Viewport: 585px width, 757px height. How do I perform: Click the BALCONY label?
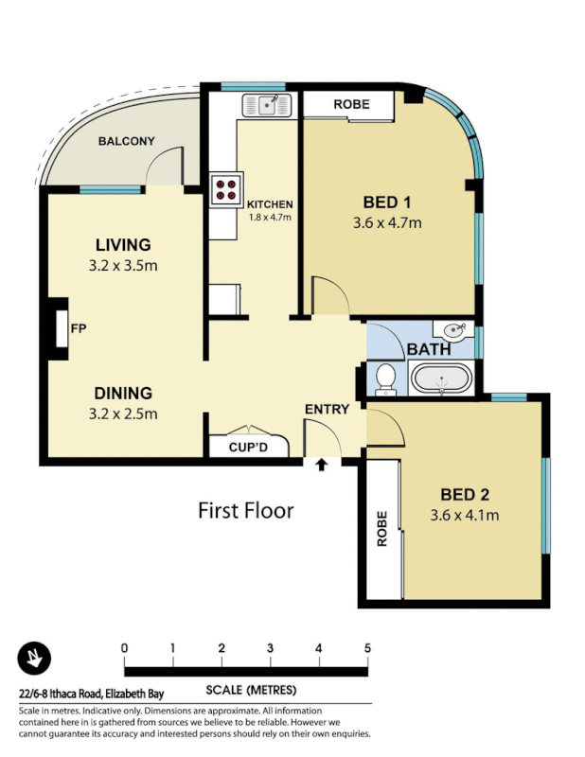126,142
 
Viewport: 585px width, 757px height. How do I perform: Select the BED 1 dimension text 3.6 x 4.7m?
386,223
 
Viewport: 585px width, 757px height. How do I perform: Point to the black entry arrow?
323,465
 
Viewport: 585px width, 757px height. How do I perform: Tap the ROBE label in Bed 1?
351,105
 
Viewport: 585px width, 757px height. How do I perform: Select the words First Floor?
245,511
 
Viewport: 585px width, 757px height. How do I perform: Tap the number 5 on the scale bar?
367,648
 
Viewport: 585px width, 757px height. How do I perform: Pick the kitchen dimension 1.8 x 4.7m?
269,217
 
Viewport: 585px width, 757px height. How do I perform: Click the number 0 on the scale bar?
125,648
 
